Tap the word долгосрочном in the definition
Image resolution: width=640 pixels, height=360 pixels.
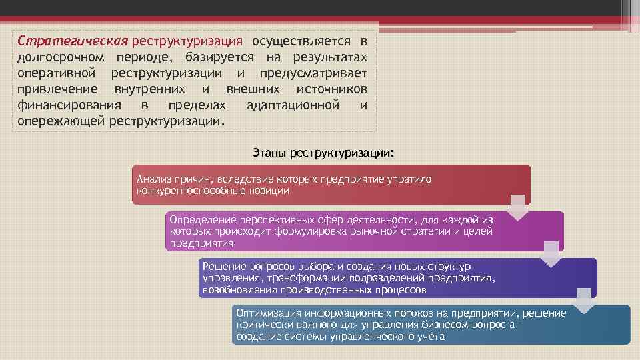point(60,56)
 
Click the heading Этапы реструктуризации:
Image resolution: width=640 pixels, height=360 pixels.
point(324,153)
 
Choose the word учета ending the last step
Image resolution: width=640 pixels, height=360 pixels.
point(431,337)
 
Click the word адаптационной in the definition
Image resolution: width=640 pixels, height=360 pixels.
point(293,105)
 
